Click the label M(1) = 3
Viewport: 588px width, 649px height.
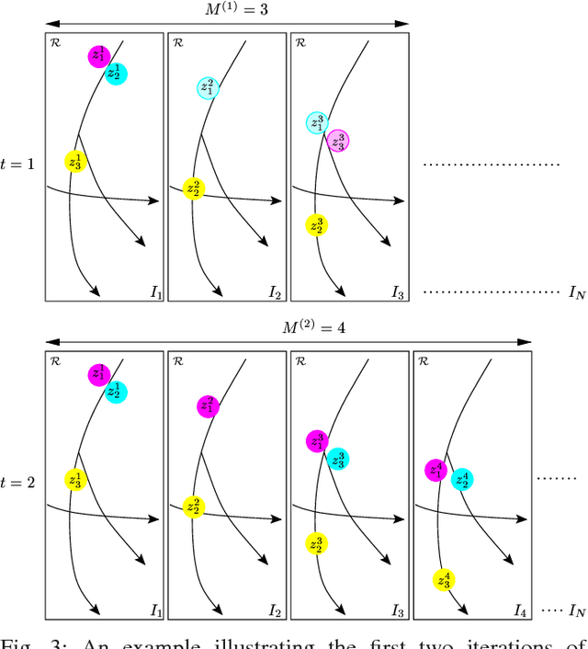tap(224, 10)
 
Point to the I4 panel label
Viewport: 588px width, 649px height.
tap(519, 609)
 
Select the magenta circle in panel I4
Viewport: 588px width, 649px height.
tap(435, 470)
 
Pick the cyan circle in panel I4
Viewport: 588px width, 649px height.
tap(461, 479)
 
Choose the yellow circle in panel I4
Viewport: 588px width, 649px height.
tap(445, 580)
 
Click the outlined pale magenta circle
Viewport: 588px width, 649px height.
tap(338, 142)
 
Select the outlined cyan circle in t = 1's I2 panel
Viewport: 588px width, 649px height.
tap(208, 88)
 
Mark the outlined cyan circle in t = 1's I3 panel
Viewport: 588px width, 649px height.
tap(317, 123)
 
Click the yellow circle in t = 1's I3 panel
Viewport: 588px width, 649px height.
tap(317, 224)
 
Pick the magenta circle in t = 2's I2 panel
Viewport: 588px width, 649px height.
tap(208, 405)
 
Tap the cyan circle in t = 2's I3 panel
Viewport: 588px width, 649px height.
tap(337, 460)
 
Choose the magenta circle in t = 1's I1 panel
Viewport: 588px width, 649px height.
tap(98, 56)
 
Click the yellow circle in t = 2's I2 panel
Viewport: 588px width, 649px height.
tap(193, 506)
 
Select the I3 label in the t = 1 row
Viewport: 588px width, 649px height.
tap(397, 292)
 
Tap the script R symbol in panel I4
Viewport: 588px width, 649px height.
tap(424, 360)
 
